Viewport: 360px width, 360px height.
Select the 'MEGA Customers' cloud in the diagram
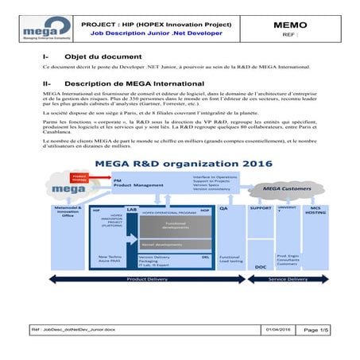[274, 190]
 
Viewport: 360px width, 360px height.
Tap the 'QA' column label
[225, 207]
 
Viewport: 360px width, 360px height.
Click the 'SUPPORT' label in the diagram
[260, 208]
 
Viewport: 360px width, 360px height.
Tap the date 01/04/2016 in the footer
[278, 328]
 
